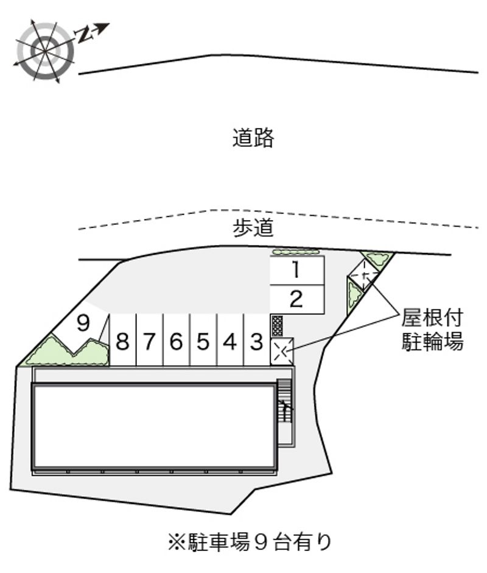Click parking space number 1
pyautogui.click(x=297, y=271)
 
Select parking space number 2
pyautogui.click(x=297, y=299)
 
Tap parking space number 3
pyautogui.click(x=257, y=340)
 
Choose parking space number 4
pyautogui.click(x=230, y=340)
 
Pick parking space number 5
pyautogui.click(x=203, y=340)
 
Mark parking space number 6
pyautogui.click(x=177, y=340)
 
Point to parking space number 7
pyautogui.click(x=150, y=340)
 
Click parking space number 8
pyautogui.click(x=122, y=340)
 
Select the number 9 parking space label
pyautogui.click(x=83, y=323)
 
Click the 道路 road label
pyautogui.click(x=253, y=138)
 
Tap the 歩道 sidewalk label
pyautogui.click(x=253, y=227)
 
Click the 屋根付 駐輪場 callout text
pyautogui.click(x=432, y=330)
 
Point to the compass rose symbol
pyautogui.click(x=46, y=51)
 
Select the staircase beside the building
pyautogui.click(x=284, y=400)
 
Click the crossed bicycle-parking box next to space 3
pyautogui.click(x=281, y=352)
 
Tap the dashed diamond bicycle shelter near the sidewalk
pyautogui.click(x=364, y=274)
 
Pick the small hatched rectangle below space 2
pyautogui.click(x=277, y=326)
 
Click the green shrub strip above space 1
pyautogui.click(x=295, y=252)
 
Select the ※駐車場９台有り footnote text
pyautogui.click(x=250, y=543)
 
